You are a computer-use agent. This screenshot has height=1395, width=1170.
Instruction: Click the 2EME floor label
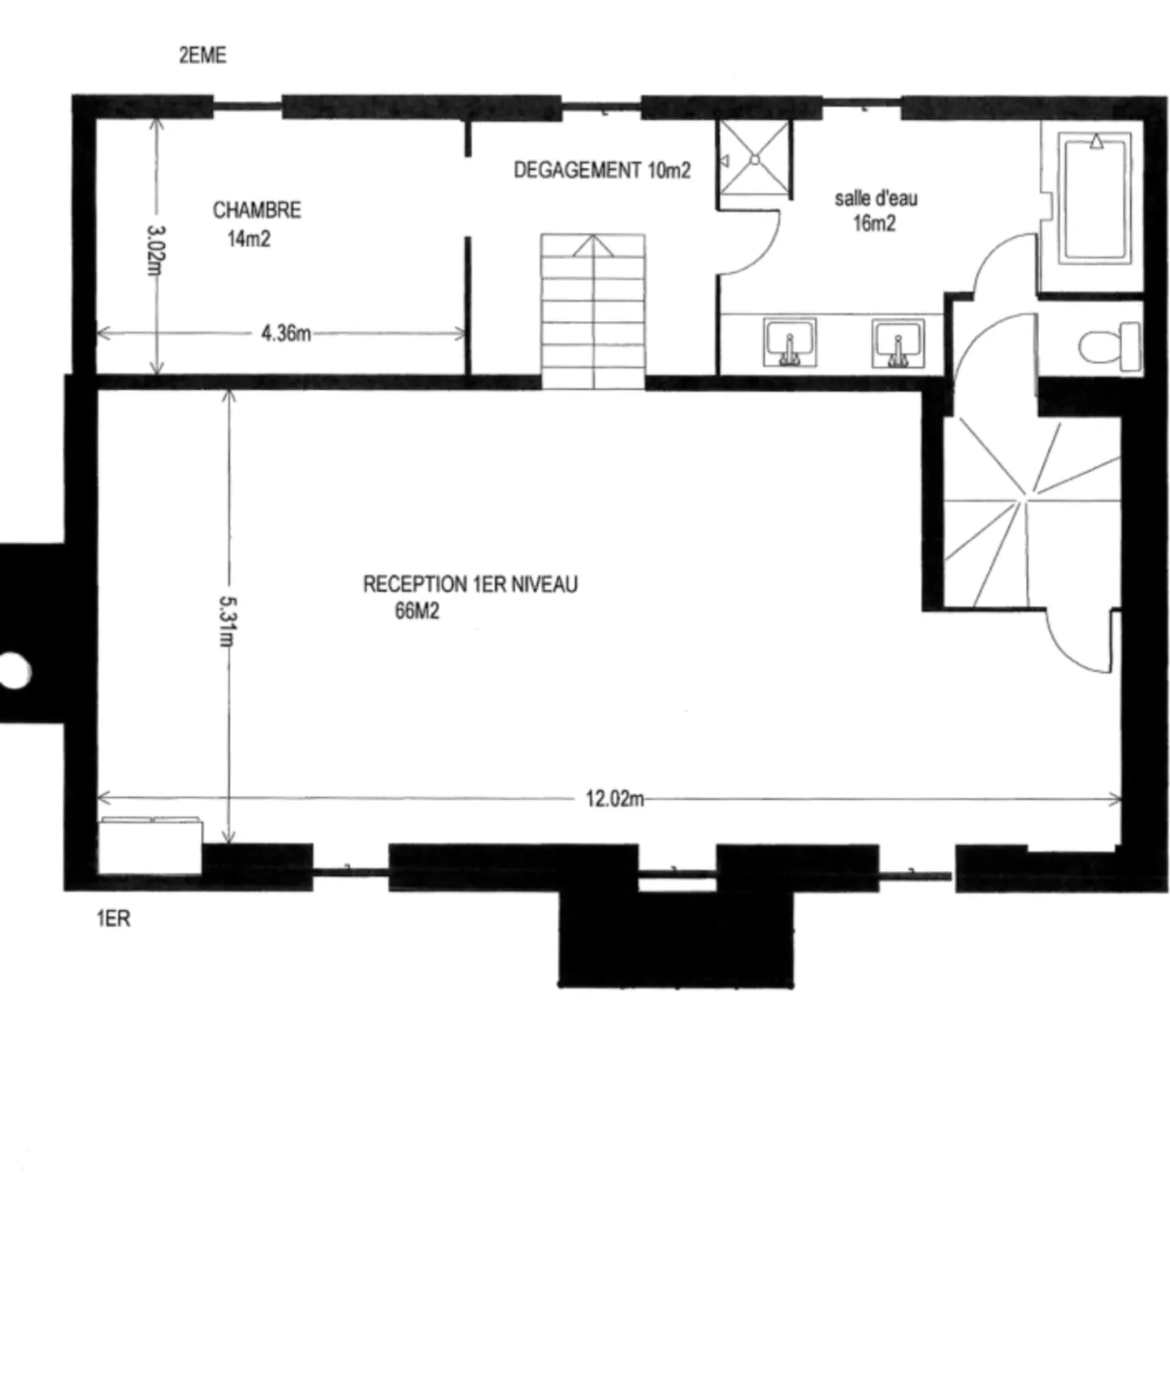pyautogui.click(x=202, y=55)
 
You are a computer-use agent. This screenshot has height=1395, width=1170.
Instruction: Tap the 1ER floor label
pyautogui.click(x=113, y=919)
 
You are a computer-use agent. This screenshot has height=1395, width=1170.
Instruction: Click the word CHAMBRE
pyautogui.click(x=257, y=210)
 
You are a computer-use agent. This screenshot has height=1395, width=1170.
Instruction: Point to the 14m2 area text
pyautogui.click(x=249, y=239)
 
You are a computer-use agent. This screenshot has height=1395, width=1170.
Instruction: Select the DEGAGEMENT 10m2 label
pyautogui.click(x=602, y=170)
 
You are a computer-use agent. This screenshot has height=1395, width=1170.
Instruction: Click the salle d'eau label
pyautogui.click(x=876, y=198)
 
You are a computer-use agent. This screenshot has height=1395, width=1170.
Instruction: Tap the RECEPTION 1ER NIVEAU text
pyautogui.click(x=470, y=584)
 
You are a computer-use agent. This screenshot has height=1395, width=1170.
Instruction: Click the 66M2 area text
pyautogui.click(x=417, y=611)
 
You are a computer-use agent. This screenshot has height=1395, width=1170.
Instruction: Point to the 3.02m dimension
pyautogui.click(x=155, y=249)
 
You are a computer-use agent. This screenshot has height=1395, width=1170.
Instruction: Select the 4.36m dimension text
pyautogui.click(x=286, y=334)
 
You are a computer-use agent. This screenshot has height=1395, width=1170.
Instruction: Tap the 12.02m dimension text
pyautogui.click(x=614, y=799)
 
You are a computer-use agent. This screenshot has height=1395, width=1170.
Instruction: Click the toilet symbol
pyautogui.click(x=1110, y=346)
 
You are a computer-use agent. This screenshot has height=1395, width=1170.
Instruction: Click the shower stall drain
pyautogui.click(x=754, y=159)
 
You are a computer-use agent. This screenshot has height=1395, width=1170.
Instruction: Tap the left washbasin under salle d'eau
pyautogui.click(x=789, y=342)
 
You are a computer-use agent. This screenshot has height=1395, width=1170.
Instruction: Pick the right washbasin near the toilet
pyautogui.click(x=897, y=343)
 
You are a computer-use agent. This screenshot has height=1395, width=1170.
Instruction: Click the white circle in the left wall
pyautogui.click(x=14, y=671)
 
